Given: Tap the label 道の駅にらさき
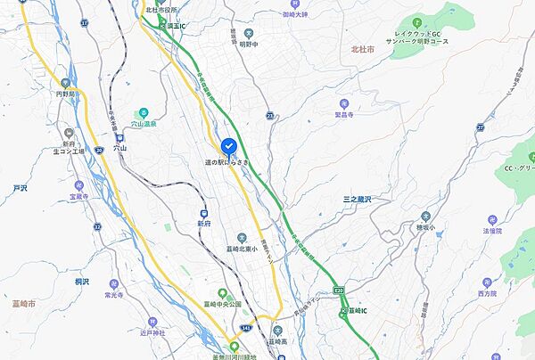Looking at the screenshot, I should pos(228,161).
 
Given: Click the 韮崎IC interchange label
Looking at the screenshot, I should pos(362,311).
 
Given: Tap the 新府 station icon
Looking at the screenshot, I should pos(204,213).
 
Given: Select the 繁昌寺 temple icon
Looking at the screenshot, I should pos(344,104).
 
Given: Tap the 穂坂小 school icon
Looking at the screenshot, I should pos(425,217).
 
